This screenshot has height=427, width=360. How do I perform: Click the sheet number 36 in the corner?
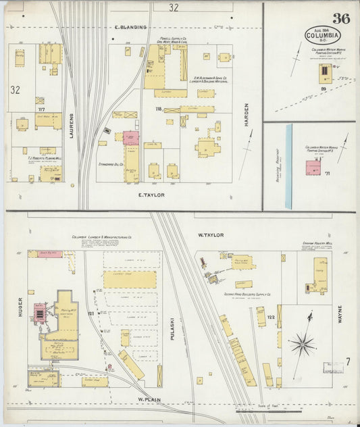(340, 18)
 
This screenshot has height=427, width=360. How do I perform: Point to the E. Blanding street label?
(130, 28)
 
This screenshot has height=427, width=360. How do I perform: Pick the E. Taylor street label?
(151, 195)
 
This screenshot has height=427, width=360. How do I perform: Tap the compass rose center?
(302, 345)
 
